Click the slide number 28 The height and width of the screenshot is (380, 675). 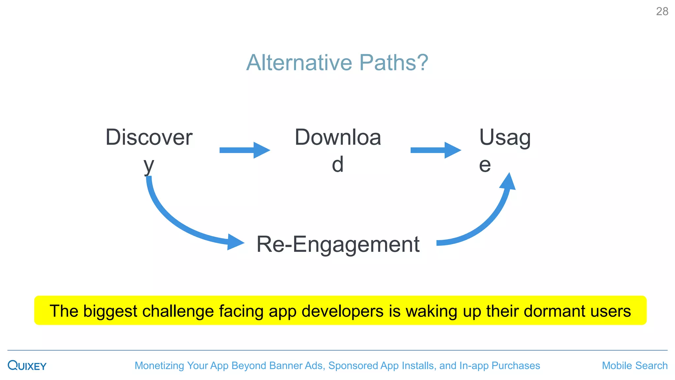pyautogui.click(x=662, y=12)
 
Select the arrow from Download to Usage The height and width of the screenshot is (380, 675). pyautogui.click(x=435, y=150)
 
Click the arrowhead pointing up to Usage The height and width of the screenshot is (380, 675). pyautogui.click(x=508, y=182)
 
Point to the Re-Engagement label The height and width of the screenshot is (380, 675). pyautogui.click(x=338, y=244)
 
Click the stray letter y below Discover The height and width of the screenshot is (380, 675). pyautogui.click(x=149, y=165)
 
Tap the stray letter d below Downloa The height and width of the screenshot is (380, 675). pyautogui.click(x=337, y=164)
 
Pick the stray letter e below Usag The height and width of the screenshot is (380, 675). pyautogui.click(x=485, y=165)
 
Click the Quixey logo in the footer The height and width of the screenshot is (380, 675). pyautogui.click(x=27, y=365)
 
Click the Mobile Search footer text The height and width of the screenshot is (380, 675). pyautogui.click(x=634, y=365)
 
